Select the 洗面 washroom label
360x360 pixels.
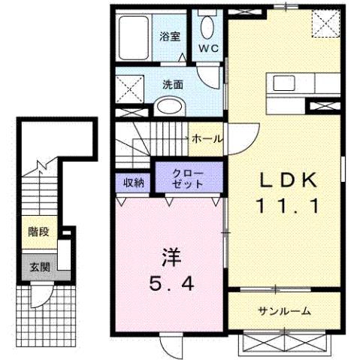(174, 84)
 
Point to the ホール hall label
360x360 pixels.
(206, 139)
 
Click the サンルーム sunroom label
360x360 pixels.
(284, 310)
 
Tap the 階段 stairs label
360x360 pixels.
(39, 231)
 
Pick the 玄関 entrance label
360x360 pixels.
(39, 268)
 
